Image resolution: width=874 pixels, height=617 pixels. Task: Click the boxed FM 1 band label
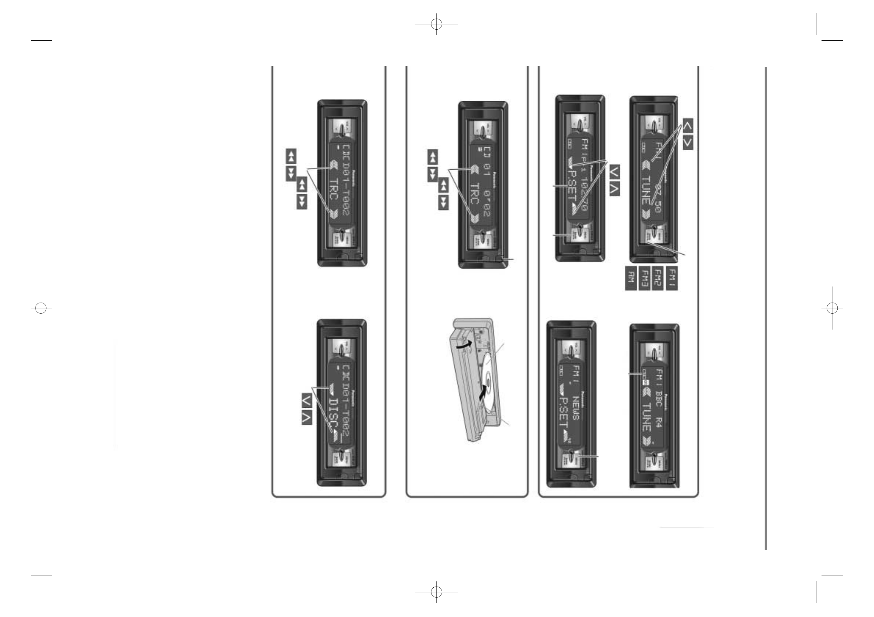tap(672, 279)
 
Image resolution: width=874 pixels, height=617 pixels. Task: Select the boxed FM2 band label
tap(658, 279)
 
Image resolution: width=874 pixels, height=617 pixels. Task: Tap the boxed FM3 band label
tap(644, 279)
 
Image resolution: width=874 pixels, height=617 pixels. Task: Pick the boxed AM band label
tap(631, 279)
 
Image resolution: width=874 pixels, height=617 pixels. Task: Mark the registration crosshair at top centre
tap(436, 24)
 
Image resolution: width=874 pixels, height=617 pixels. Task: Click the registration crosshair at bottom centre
tap(436, 592)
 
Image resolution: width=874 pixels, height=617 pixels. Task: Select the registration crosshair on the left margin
tap(41, 308)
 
